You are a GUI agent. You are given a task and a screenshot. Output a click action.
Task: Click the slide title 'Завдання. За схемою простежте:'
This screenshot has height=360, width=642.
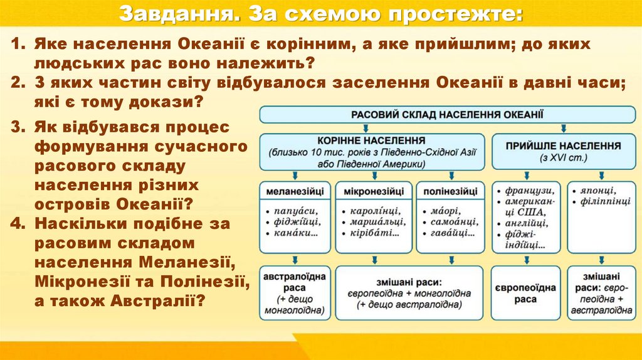[320, 13]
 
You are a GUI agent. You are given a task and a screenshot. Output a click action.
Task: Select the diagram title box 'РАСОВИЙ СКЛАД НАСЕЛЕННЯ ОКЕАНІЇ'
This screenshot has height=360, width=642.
[446, 114]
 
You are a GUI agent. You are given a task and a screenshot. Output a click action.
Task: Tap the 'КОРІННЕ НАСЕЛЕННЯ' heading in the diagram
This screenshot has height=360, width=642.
[372, 140]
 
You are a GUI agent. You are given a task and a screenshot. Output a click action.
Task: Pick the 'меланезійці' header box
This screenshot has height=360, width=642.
[294, 190]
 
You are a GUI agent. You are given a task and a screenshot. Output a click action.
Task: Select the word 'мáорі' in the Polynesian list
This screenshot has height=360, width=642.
[445, 210]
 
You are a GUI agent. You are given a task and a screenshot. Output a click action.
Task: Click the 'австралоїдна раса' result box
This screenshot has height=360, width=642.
[294, 292]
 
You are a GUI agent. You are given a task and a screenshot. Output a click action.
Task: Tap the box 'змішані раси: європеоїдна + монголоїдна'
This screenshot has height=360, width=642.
[409, 293]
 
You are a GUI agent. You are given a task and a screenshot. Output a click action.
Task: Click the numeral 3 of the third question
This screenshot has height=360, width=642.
[16, 127]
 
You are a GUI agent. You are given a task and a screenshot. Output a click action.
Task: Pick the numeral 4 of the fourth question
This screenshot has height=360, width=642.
[16, 223]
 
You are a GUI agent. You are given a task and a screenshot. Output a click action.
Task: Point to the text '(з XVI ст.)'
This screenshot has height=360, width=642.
[562, 157]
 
